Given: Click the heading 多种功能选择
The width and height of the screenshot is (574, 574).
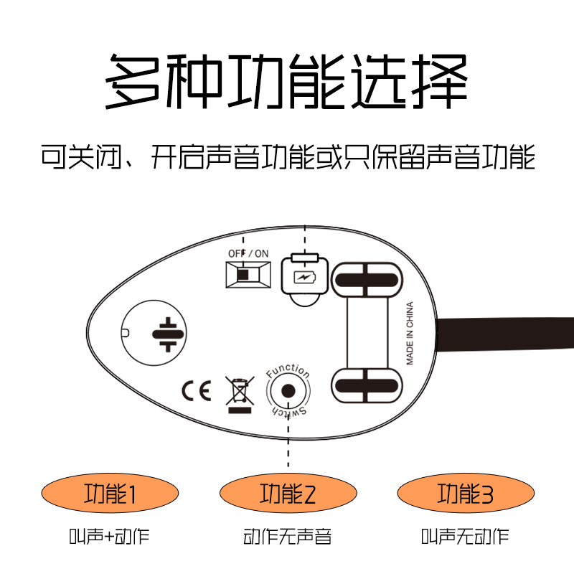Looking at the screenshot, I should [287, 80].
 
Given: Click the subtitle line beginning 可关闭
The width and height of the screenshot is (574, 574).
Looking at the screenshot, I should [287, 156].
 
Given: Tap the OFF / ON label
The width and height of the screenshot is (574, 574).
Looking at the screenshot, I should [248, 253].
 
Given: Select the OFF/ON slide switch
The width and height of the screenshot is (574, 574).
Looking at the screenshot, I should [248, 274].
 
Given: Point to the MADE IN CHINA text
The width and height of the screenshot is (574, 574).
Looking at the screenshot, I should [410, 334].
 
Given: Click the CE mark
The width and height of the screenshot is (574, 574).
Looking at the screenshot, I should [195, 391].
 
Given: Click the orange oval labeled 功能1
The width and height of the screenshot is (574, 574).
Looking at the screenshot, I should [110, 494].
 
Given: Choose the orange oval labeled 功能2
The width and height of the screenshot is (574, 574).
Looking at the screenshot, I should [288, 494].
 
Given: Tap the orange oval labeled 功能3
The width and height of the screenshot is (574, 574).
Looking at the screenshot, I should [466, 494].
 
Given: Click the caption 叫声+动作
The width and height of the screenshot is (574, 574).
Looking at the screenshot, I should [110, 536].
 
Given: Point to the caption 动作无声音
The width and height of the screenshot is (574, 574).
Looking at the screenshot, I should [288, 536].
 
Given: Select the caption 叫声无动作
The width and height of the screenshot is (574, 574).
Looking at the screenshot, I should [466, 536].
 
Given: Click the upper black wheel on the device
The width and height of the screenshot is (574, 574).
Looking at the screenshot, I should [367, 279].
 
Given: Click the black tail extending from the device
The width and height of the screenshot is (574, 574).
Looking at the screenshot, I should [509, 334].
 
